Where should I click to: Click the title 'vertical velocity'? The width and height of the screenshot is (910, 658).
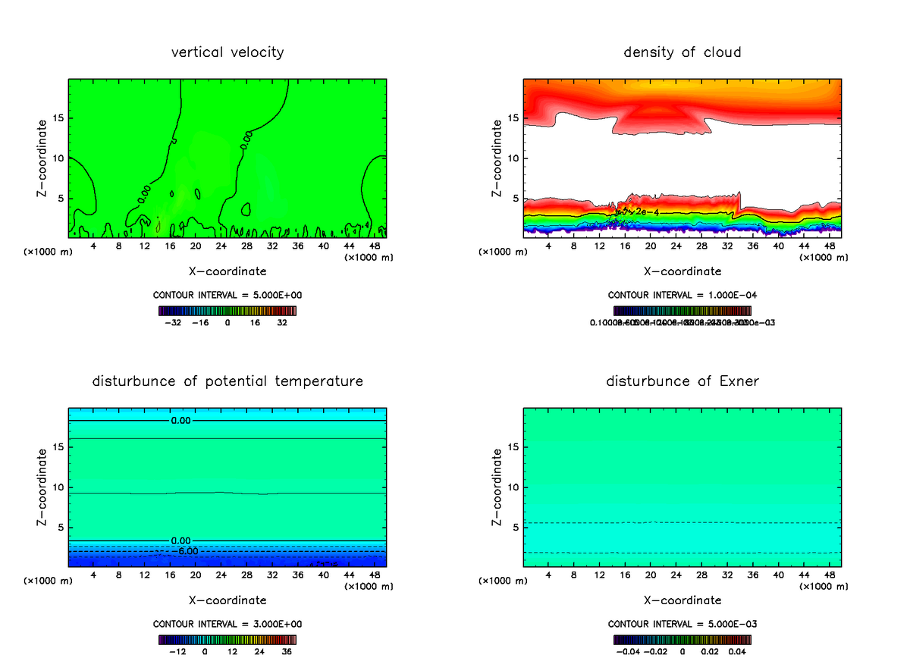[227, 52]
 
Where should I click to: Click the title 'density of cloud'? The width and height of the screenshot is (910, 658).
[682, 52]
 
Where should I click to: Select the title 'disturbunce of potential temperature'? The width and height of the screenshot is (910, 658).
[227, 381]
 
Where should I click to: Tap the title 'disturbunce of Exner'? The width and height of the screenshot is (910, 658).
[682, 381]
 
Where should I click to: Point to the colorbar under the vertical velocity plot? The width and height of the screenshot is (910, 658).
[227, 311]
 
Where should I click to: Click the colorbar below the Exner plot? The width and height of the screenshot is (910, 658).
[682, 640]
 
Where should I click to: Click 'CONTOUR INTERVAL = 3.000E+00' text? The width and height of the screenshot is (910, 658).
[227, 624]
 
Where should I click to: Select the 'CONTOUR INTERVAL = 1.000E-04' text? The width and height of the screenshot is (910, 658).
[682, 295]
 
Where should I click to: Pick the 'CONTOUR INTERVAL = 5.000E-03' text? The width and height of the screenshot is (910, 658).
[682, 624]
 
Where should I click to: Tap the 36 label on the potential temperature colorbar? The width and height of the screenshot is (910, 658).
[287, 651]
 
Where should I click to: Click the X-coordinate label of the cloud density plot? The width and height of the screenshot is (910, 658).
[682, 271]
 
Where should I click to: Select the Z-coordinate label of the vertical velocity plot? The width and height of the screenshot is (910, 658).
[42, 158]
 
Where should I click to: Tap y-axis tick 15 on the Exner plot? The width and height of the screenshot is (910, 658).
[513, 446]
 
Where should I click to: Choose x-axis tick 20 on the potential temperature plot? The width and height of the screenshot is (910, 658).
[195, 575]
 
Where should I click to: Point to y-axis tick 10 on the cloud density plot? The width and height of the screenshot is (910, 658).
[513, 158]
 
